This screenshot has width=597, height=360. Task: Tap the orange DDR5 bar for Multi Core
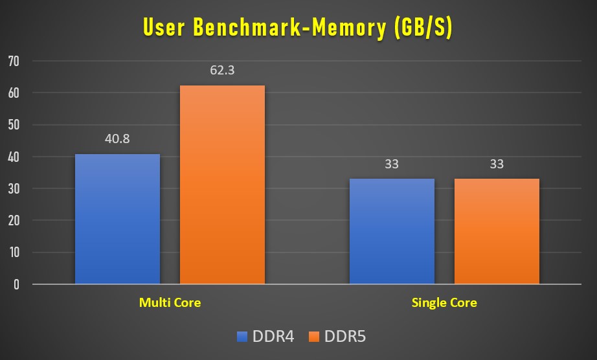point(222,185)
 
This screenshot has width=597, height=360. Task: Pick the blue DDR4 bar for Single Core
point(392,231)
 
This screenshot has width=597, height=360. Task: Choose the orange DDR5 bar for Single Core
point(497,231)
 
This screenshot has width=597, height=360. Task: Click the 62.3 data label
point(222,71)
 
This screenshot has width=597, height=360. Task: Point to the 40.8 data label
point(117,139)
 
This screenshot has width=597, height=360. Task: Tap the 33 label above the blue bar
point(392,164)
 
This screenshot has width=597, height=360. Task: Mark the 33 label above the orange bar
point(497,164)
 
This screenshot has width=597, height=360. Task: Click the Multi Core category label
point(170,302)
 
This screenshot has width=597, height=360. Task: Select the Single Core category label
point(444,302)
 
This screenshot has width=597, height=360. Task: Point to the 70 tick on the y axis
point(14,62)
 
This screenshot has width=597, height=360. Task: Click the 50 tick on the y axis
point(14,125)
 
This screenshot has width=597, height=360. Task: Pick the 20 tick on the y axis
point(14,221)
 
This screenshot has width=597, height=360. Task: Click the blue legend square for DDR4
point(243,337)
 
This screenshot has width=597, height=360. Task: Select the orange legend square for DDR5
point(315,337)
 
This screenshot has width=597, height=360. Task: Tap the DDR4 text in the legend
point(272,337)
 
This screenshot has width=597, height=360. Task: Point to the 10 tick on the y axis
point(14,253)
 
